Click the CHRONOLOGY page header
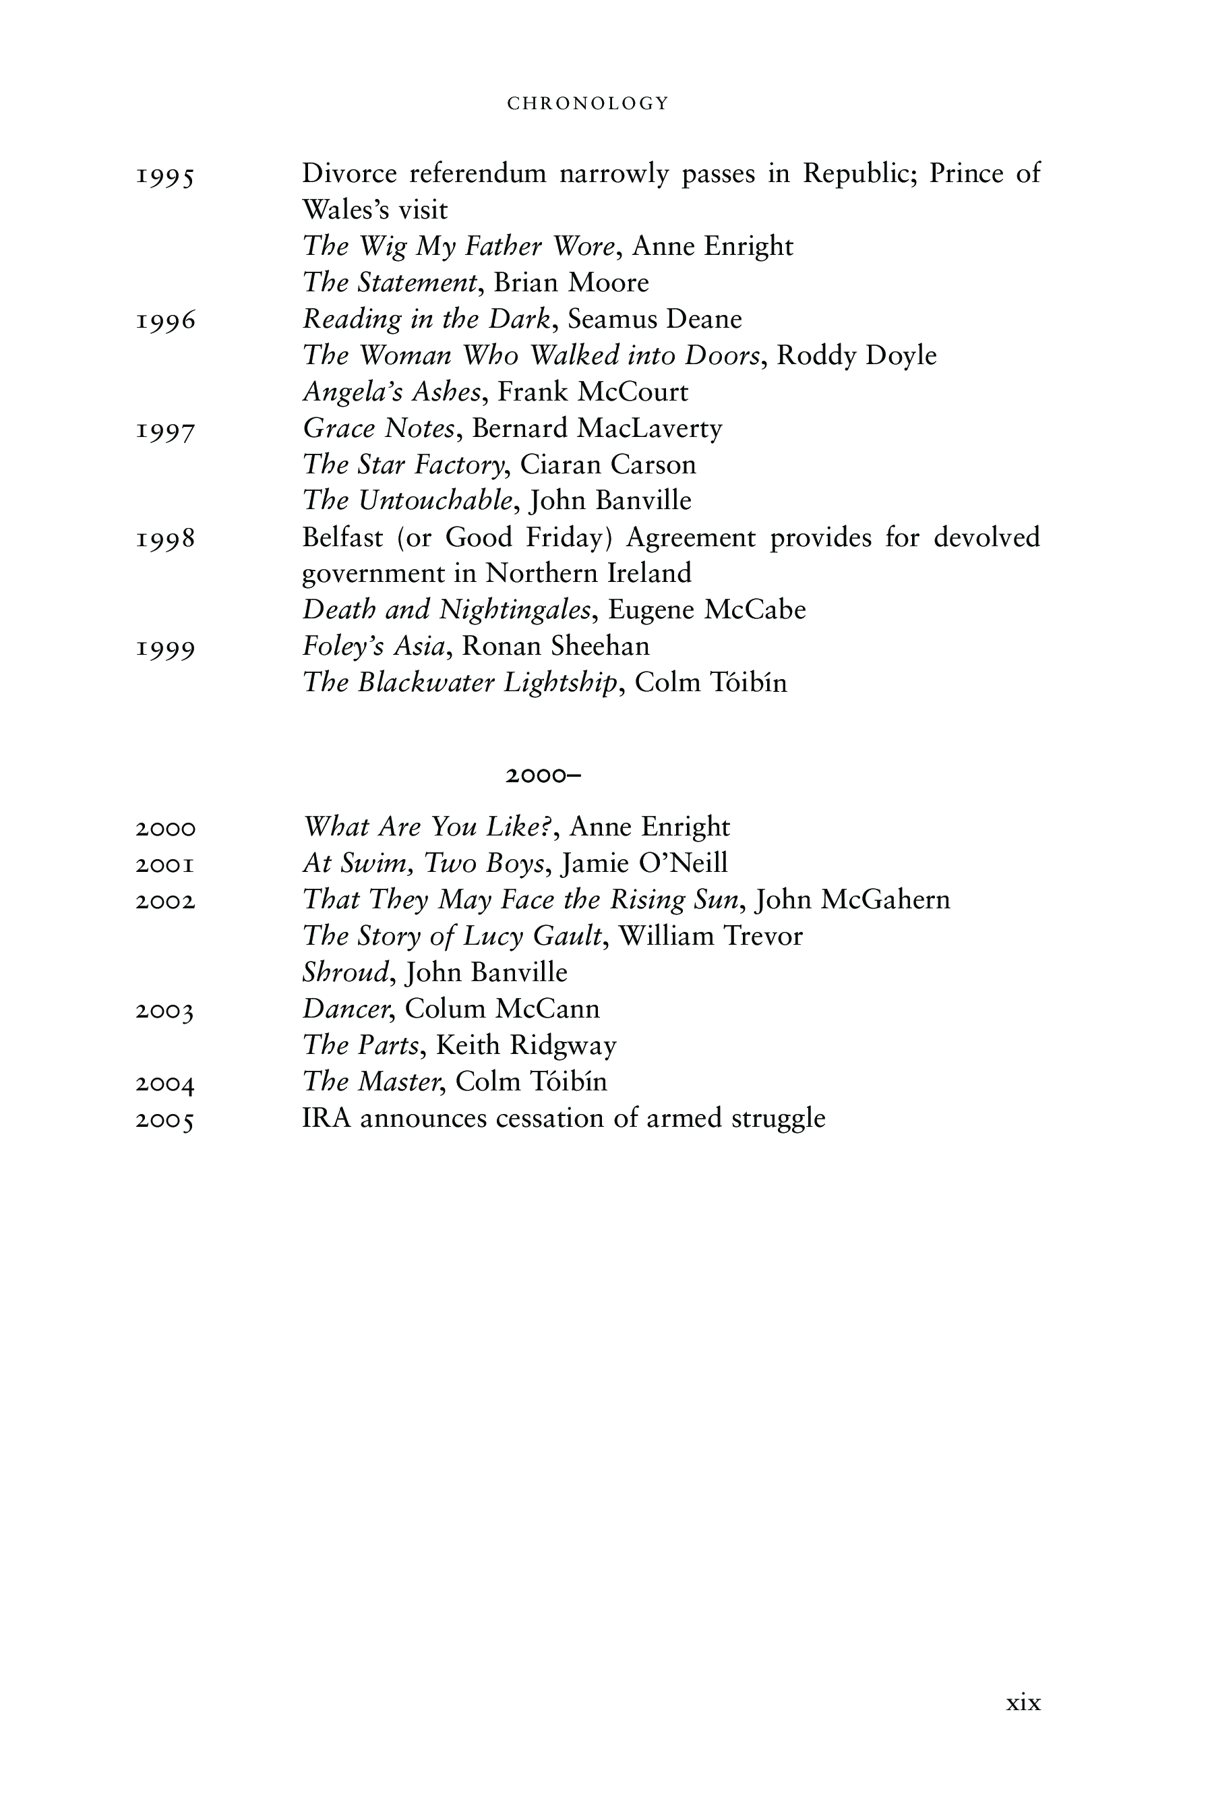pos(588,103)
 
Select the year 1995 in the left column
pos(165,177)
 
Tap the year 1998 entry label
pos(165,539)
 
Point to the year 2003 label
pos(165,1011)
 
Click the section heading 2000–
pos(543,775)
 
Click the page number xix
pos(1023,1703)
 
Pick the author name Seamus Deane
pos(655,319)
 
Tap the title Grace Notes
pos(378,428)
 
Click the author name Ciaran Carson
pos(608,465)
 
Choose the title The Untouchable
pos(407,501)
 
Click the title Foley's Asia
pos(374,646)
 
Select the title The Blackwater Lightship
pos(460,683)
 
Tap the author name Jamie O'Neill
pos(645,863)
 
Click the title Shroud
pos(346,972)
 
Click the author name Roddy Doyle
pos(857,356)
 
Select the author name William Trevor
pos(710,936)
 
